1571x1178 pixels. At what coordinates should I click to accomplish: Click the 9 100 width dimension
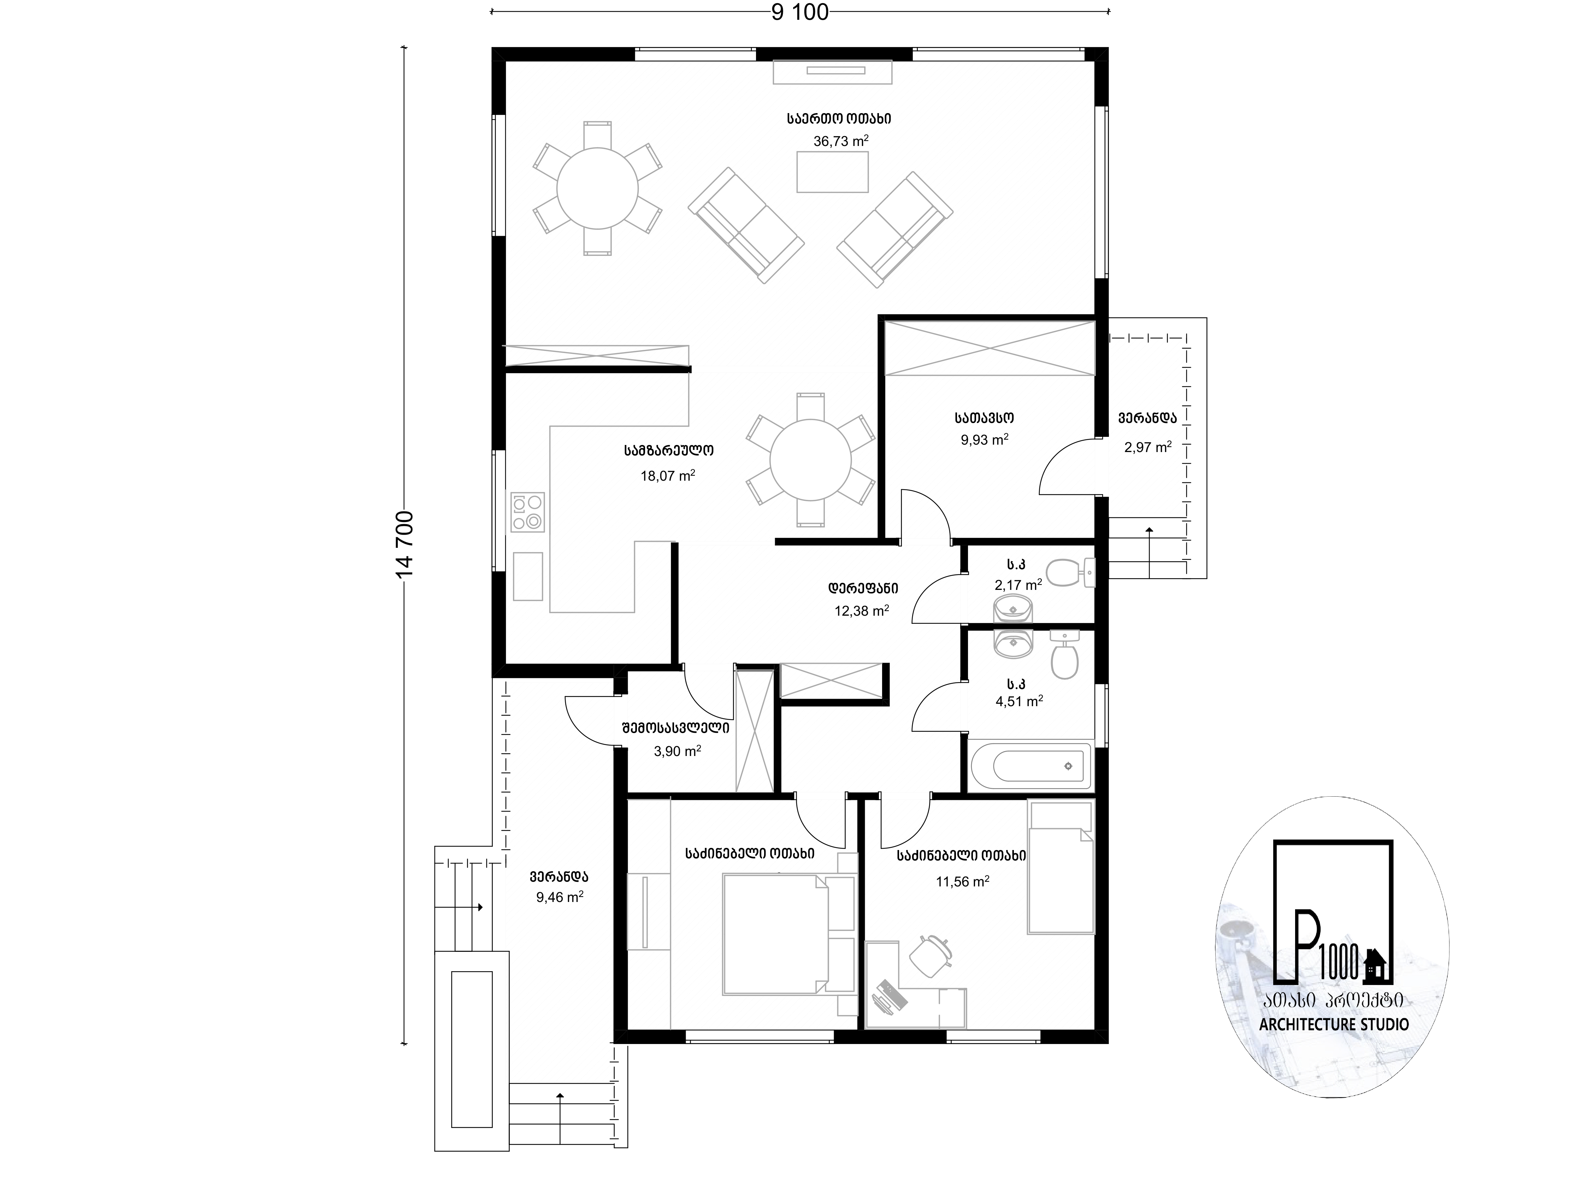click(x=800, y=12)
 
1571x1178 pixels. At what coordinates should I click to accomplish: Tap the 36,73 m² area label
click(x=841, y=141)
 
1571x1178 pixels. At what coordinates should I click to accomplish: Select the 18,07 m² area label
click(x=668, y=475)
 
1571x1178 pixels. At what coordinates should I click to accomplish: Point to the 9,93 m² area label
click(x=984, y=440)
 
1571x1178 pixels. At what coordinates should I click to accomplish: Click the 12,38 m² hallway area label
click(x=862, y=610)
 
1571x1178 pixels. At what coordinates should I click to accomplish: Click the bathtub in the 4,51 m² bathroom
click(x=1029, y=766)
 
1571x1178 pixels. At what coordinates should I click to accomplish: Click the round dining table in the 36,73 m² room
click(x=597, y=188)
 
